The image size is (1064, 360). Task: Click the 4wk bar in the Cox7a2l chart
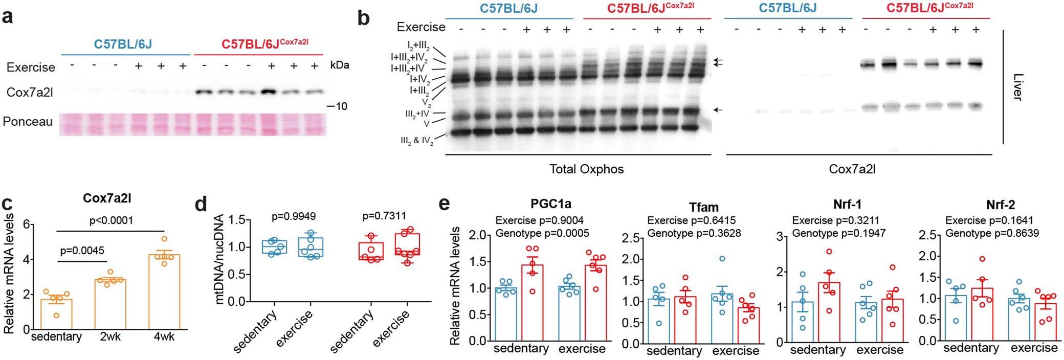pos(164,291)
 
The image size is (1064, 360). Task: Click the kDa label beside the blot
pos(340,66)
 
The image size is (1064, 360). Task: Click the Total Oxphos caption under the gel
pos(586,169)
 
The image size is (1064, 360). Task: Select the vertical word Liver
pos(1016,86)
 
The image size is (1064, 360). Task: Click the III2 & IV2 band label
pos(417,141)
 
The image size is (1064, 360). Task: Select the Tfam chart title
pos(704,207)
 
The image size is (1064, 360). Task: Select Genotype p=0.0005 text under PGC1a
pos(542,234)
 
